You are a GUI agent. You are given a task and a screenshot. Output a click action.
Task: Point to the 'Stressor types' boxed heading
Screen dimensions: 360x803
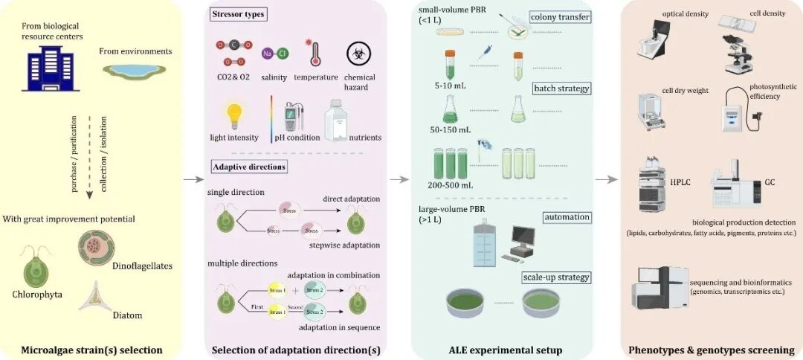pyautogui.click(x=238, y=13)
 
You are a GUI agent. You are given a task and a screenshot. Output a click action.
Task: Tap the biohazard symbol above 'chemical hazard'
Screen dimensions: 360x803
pyautogui.click(x=360, y=54)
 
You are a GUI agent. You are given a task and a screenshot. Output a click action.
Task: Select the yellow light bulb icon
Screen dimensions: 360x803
pyautogui.click(x=236, y=115)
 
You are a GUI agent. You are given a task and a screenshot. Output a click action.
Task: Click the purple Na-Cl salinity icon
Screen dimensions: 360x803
pyautogui.click(x=274, y=54)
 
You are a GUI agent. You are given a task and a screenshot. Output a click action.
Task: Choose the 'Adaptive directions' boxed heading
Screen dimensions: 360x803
pyautogui.click(x=248, y=167)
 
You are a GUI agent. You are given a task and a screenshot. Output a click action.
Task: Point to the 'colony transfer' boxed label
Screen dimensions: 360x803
pyautogui.click(x=560, y=16)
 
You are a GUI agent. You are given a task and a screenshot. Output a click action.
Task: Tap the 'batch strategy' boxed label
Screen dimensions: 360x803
pyautogui.click(x=561, y=89)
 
